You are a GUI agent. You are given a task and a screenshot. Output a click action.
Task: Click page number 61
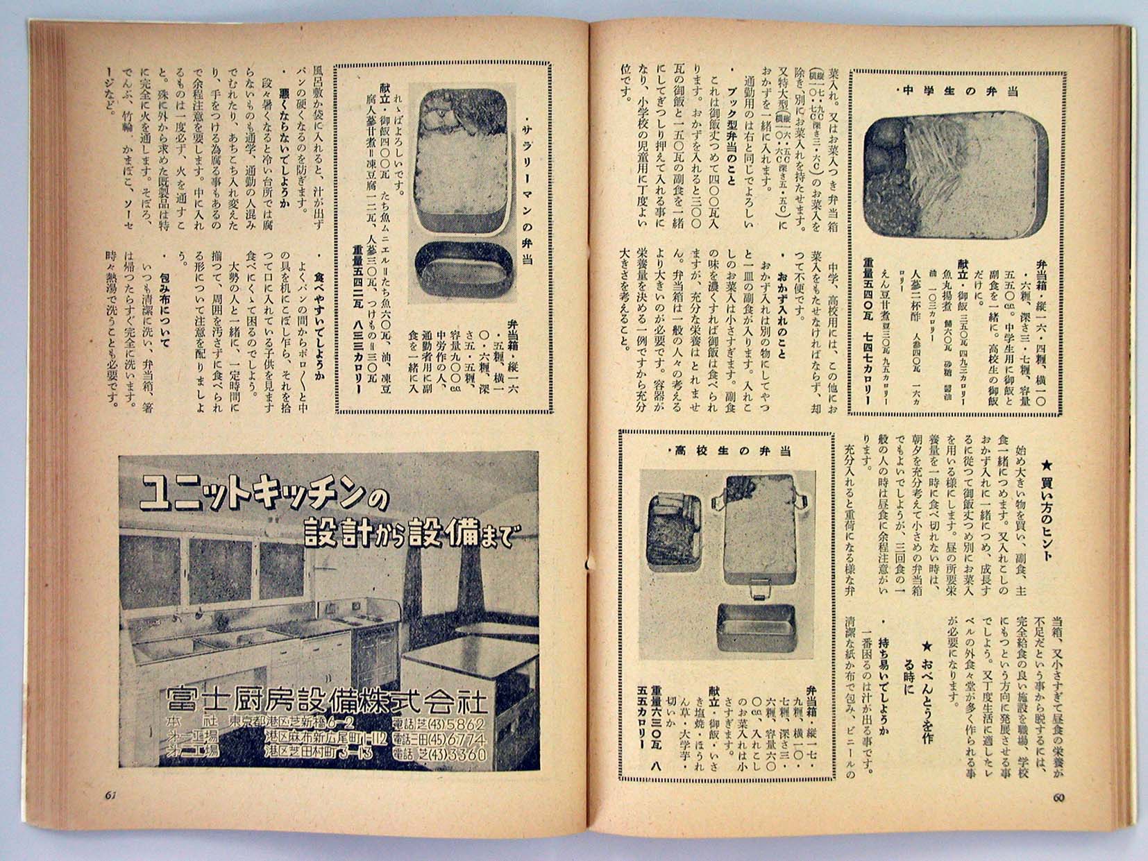110,796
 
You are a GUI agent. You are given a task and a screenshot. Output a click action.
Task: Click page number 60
1058,798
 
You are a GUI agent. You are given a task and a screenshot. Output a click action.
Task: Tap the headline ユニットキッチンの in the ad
264,494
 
